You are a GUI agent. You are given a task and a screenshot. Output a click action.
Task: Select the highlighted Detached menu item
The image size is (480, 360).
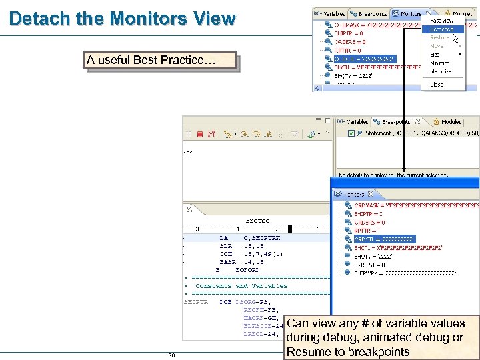pos(442,29)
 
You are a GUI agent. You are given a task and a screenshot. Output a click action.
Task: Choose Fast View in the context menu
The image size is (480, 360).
pos(442,21)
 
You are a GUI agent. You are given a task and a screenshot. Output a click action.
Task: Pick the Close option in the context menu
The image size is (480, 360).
pos(437,85)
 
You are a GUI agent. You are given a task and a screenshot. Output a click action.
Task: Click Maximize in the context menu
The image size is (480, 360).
pos(441,71)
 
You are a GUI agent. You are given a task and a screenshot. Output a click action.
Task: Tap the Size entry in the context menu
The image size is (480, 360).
pos(435,55)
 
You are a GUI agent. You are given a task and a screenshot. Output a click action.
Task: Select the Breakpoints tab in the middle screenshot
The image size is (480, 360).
pos(396,122)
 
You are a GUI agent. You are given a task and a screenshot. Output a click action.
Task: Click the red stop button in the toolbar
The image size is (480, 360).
pos(200,134)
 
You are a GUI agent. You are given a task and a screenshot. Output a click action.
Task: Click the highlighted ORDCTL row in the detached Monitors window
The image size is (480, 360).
pos(385,239)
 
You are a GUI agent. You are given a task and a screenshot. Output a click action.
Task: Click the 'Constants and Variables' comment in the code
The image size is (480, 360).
pos(241,286)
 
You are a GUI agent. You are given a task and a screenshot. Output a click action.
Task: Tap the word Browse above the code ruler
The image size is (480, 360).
pos(257,220)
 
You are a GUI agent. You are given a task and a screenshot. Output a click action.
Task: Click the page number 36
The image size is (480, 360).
pos(172,355)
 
